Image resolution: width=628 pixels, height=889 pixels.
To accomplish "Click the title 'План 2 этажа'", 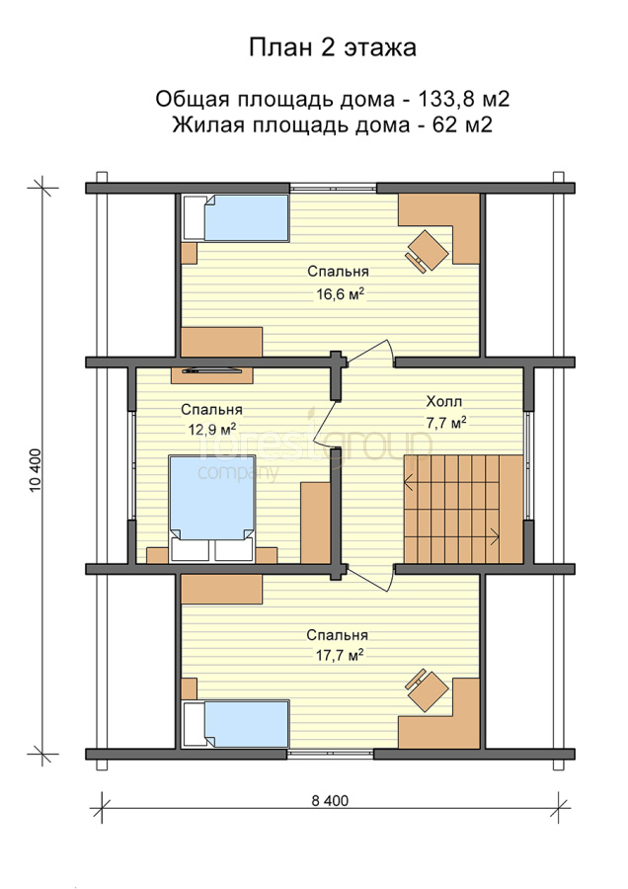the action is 333,47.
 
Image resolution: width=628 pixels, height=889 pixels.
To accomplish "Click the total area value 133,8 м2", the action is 464,99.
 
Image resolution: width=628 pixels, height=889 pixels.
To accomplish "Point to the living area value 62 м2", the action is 462,124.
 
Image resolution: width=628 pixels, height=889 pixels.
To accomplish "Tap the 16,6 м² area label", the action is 340,293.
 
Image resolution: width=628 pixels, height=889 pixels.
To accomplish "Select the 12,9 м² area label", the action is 212,429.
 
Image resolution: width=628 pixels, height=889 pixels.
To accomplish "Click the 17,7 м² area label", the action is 339,656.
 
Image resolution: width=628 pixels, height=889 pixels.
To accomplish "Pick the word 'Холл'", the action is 443,402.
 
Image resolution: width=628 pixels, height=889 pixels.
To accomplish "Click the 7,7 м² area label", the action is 446,423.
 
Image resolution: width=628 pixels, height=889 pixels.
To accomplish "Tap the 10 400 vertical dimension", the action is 36,470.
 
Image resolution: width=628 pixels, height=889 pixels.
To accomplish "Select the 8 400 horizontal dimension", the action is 330,800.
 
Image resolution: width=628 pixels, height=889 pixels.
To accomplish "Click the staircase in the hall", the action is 462,508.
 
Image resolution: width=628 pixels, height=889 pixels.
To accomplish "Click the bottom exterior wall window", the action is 331,754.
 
